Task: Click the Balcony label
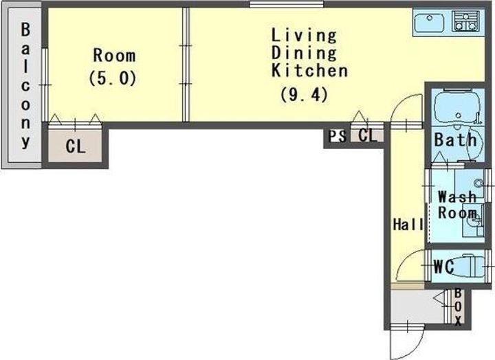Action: click(25, 85)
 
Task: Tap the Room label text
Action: click(114, 56)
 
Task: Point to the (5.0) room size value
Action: click(113, 78)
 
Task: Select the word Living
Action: click(304, 35)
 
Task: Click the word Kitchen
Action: click(309, 70)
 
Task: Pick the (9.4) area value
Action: click(304, 95)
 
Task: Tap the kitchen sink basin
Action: click(429, 23)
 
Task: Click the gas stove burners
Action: click(465, 21)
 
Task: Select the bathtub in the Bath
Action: click(456, 106)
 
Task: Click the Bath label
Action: click(455, 139)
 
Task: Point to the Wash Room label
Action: click(457, 205)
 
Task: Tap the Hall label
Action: click(408, 225)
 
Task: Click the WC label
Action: click(443, 267)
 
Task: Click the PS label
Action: click(337, 136)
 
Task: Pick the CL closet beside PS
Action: click(367, 136)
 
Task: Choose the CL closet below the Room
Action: click(75, 146)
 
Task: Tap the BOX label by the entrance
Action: click(458, 307)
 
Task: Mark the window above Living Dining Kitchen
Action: click(286, 4)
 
